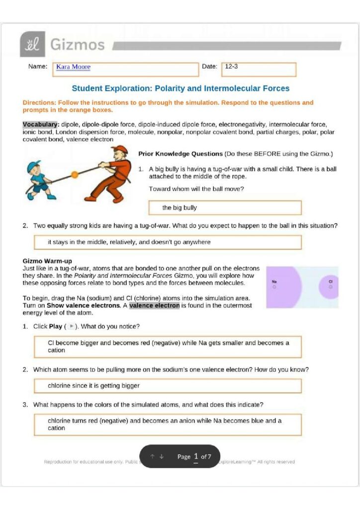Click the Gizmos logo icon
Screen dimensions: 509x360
pyautogui.click(x=33, y=45)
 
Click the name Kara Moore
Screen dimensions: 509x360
pyautogui.click(x=73, y=67)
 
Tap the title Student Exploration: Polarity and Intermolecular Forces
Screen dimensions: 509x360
pyautogui.click(x=180, y=88)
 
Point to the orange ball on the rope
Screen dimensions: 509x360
pyautogui.click(x=75, y=174)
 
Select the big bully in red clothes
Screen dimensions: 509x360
pyautogui.click(x=109, y=174)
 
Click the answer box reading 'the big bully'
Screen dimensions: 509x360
pyautogui.click(x=225, y=207)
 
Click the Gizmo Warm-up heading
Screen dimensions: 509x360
pyautogui.click(x=47, y=261)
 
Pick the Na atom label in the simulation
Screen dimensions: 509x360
pyautogui.click(x=274, y=282)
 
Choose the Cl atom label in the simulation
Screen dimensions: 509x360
pyautogui.click(x=330, y=282)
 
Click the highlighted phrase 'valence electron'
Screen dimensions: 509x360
pyautogui.click(x=154, y=306)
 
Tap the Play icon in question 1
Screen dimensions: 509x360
pyautogui.click(x=72, y=327)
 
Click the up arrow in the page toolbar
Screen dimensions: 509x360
pyautogui.click(x=153, y=456)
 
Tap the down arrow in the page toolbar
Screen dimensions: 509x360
pyautogui.click(x=162, y=456)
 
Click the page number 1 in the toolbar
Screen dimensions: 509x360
pyautogui.click(x=196, y=456)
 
